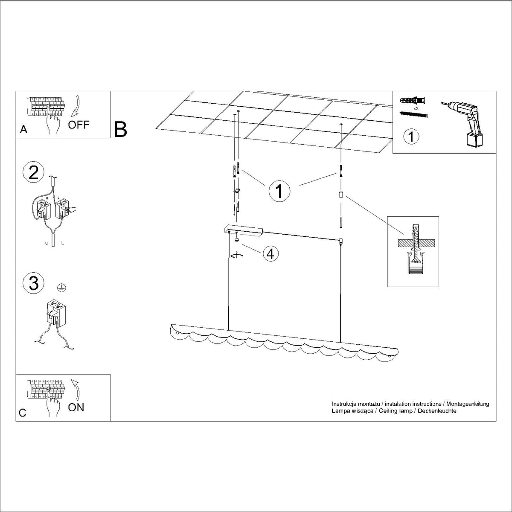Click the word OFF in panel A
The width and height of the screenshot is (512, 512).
79,124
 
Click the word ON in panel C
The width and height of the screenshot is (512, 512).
76,407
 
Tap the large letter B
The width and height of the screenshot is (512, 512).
120,130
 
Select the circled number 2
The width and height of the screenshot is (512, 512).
33,172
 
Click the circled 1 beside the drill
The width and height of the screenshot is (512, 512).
411,137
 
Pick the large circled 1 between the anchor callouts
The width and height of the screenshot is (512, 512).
279,191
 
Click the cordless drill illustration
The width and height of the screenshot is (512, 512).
463,124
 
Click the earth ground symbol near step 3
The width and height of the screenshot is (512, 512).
61,287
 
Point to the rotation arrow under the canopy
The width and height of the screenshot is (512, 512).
236,255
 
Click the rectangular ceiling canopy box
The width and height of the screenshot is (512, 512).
244,230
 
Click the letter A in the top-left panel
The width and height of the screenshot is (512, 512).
23,129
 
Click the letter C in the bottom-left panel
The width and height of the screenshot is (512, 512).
23,413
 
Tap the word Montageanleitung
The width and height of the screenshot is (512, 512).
468,404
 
